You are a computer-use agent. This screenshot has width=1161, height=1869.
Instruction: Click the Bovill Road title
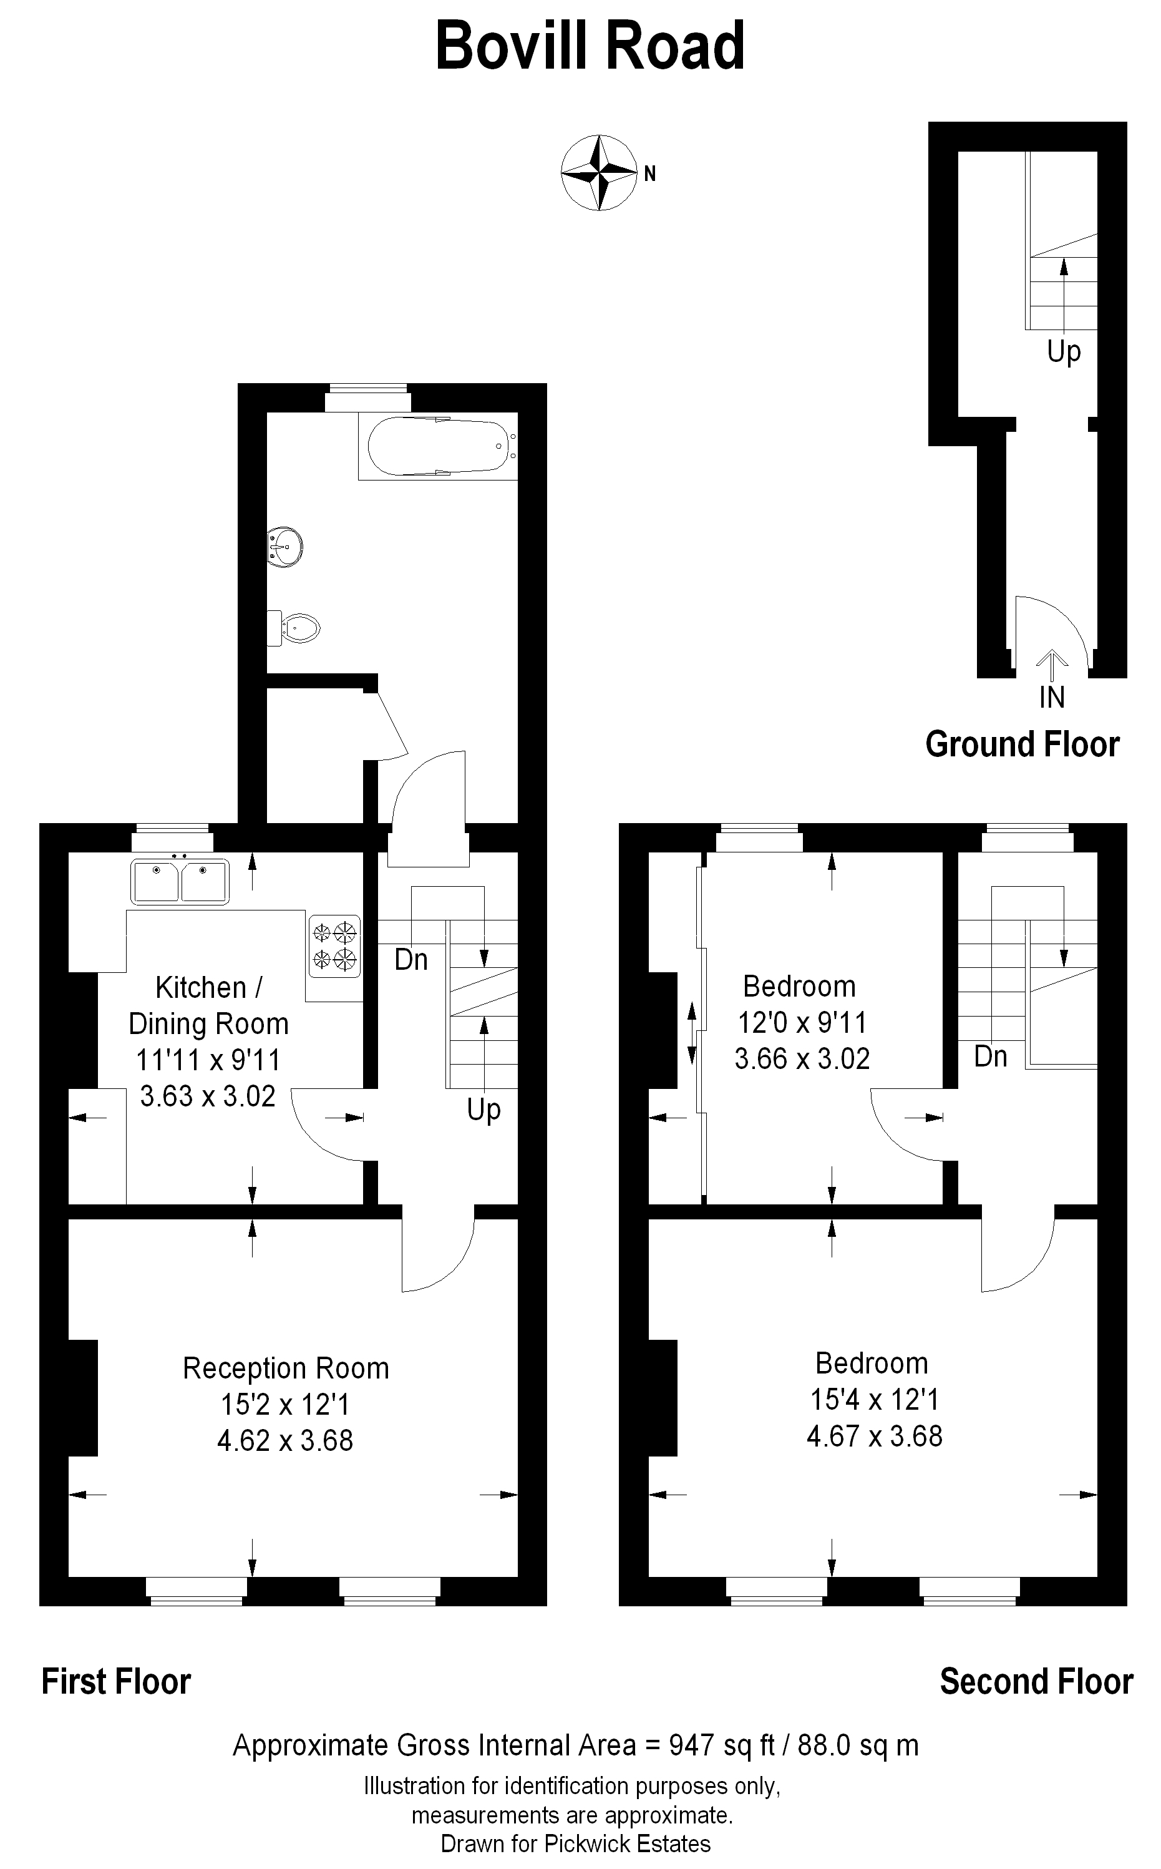click(x=590, y=46)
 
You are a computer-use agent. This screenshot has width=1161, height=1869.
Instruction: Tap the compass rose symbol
click(x=599, y=173)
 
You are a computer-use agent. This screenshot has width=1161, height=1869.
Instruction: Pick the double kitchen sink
click(x=180, y=881)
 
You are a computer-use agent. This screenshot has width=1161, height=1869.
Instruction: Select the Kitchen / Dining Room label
click(x=208, y=1006)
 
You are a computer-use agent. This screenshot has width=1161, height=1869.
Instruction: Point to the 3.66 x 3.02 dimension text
click(x=802, y=1059)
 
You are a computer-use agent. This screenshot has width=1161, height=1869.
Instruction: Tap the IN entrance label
click(x=1052, y=697)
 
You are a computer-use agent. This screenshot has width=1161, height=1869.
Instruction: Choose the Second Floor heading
click(x=1037, y=1682)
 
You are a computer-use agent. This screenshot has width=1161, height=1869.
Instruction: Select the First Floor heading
click(x=116, y=1682)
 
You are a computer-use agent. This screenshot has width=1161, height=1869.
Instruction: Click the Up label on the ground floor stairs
click(x=1064, y=353)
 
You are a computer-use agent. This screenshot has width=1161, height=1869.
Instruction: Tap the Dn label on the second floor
click(x=991, y=1056)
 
